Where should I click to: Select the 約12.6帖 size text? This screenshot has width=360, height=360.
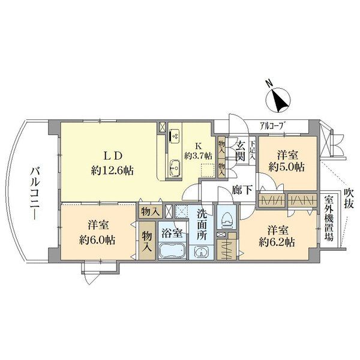click(112, 170)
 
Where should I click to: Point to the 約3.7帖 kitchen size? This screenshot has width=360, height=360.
click(198, 157)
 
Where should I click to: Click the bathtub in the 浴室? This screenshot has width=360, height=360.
click(172, 251)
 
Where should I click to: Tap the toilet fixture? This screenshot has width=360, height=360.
click(227, 220)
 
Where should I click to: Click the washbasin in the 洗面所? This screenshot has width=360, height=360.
click(201, 252)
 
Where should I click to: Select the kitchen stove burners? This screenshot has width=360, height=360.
click(175, 136)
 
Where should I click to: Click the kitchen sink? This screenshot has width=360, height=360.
click(175, 167)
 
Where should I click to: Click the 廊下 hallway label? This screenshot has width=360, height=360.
click(242, 190)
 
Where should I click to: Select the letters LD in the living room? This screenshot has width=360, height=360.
click(113, 156)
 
